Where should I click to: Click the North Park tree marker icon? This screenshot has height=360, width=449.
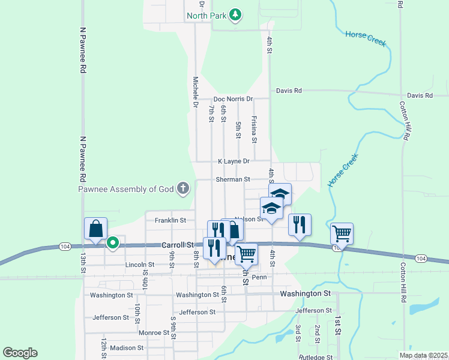237,14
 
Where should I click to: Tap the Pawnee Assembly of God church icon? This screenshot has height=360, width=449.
184,189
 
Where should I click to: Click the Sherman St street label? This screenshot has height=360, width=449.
233,179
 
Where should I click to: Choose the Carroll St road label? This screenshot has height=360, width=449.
178,245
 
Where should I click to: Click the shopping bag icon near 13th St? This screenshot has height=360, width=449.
95,229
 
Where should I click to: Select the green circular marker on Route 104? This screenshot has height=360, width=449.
112,244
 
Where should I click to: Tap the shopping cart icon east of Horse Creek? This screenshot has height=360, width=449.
342,233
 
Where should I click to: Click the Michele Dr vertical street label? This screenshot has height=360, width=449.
196,92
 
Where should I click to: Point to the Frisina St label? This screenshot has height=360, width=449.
255,130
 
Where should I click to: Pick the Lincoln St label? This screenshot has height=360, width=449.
140,265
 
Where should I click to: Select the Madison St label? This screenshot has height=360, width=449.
127,347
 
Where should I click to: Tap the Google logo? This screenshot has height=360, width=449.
20,353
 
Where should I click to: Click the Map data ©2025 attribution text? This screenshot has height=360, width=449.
423,355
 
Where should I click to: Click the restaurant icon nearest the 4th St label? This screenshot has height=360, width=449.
300,225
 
